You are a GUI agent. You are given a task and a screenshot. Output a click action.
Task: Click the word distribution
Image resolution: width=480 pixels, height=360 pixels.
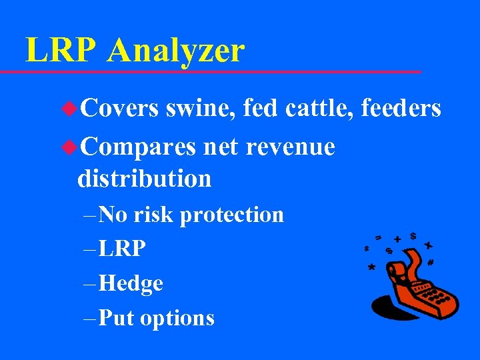coord(144,178)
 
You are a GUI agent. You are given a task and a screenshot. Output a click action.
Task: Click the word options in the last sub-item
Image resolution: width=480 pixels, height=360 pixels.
coord(177,319)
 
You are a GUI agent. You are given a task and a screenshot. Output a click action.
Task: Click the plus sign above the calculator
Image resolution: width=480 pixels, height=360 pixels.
coord(397,239)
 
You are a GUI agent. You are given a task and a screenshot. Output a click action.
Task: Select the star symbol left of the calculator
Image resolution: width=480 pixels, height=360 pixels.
coord(371,267)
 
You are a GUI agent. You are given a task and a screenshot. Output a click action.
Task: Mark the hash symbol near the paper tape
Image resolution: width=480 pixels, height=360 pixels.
coord(431,263)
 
